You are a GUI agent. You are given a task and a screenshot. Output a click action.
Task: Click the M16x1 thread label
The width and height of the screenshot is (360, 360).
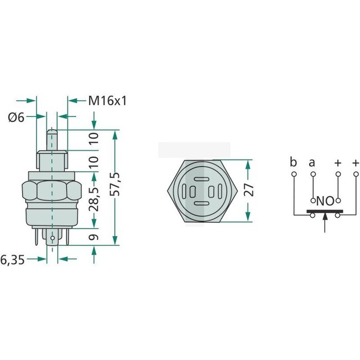tap(108, 101)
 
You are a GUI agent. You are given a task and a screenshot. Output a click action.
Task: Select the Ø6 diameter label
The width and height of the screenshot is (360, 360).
tap(17, 117)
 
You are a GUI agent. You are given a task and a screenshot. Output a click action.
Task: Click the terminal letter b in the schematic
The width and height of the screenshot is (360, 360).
tap(293, 162)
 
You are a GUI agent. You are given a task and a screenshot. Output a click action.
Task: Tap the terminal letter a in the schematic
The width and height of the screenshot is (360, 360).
tap(312, 162)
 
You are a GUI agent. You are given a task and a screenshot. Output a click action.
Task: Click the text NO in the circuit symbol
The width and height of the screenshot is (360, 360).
tap(325, 201)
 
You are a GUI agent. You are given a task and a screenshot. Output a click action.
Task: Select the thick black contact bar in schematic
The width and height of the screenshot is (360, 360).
tap(325, 211)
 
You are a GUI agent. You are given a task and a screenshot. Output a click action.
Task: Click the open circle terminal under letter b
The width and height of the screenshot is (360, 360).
tap(293, 174)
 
